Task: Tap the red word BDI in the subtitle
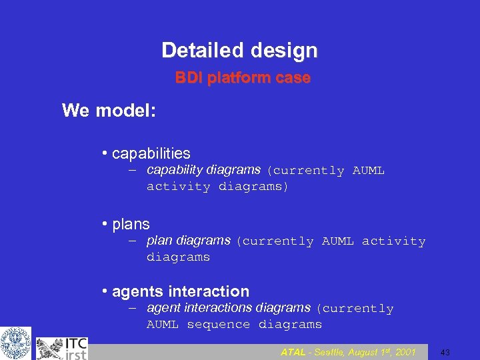pyautogui.click(x=189, y=78)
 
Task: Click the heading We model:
pyautogui.click(x=109, y=110)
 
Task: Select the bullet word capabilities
pyautogui.click(x=151, y=153)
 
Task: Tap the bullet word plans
pyautogui.click(x=131, y=224)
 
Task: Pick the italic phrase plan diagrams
pyautogui.click(x=188, y=240)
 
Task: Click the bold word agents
pyautogui.click(x=138, y=291)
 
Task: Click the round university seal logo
pyautogui.click(x=15, y=343)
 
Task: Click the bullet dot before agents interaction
pyautogui.click(x=105, y=292)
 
